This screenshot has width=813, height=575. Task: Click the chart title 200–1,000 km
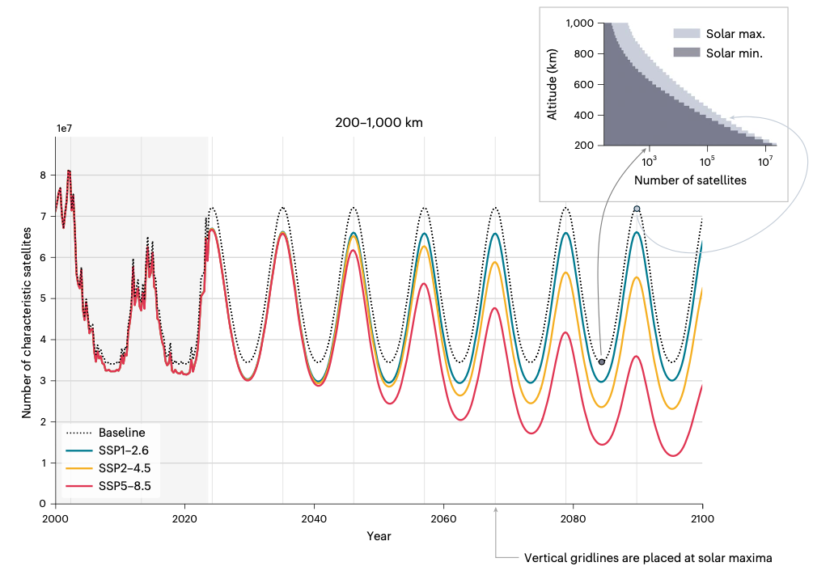pos(379,123)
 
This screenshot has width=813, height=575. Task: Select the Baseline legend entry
pos(121,433)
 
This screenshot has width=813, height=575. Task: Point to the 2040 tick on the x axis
pos(314,518)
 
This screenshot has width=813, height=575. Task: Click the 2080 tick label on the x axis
pos(573,518)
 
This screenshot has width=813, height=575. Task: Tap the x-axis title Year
pos(379,535)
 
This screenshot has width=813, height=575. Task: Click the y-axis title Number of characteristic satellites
pos(27,322)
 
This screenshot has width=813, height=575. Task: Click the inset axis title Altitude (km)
pos(553,84)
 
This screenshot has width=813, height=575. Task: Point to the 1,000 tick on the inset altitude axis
pos(579,23)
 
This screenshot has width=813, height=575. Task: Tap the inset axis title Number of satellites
pos(690,180)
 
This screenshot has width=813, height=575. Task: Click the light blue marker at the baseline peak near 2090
pos(637,209)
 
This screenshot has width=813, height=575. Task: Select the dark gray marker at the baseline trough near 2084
pos(601,361)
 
